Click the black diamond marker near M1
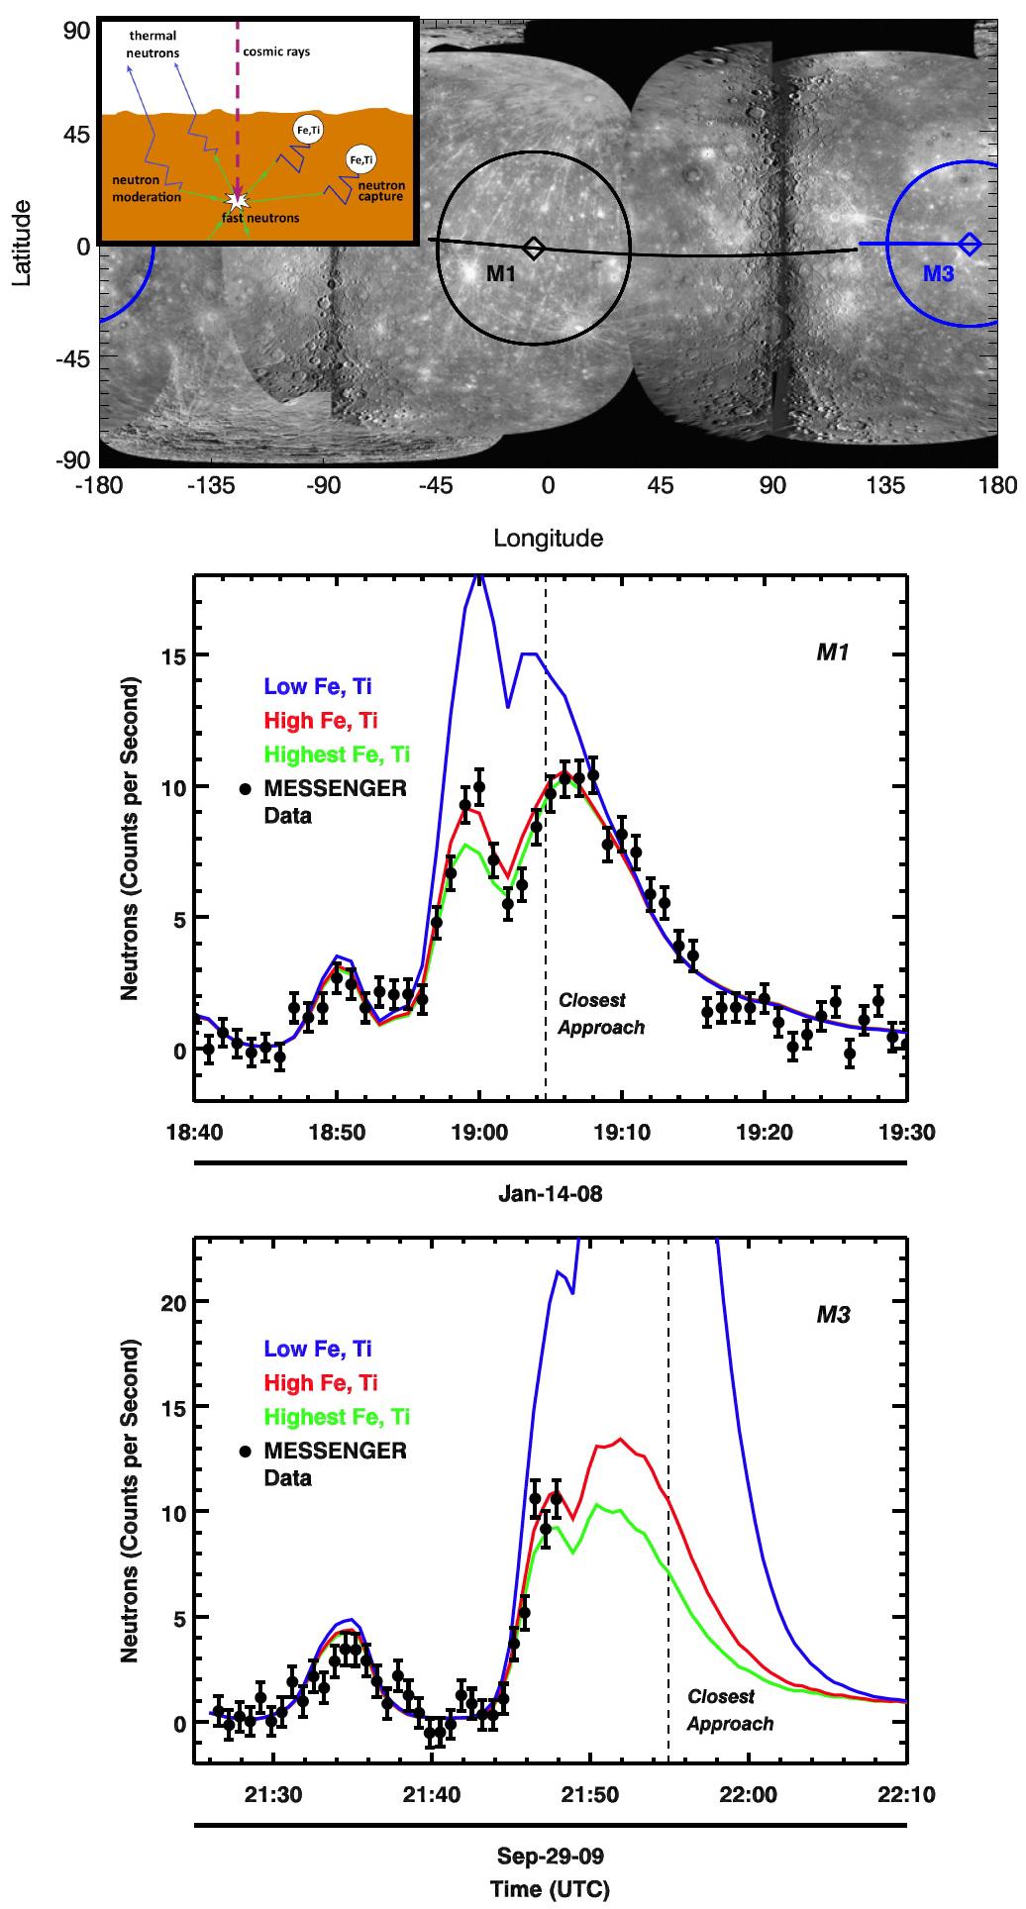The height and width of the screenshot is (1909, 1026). tap(534, 248)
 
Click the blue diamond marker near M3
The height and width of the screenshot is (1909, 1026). tap(970, 244)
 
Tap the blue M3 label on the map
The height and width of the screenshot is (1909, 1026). tap(938, 274)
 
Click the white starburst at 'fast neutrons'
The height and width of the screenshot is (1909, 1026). tap(236, 201)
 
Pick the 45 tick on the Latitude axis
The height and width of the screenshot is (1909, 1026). tap(75, 134)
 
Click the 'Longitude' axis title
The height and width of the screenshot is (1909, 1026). tap(548, 539)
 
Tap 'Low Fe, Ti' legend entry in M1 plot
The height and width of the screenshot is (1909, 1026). tap(318, 686)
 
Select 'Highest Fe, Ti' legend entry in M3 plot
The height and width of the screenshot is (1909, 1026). tap(337, 1417)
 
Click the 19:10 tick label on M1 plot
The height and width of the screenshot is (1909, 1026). tap(622, 1132)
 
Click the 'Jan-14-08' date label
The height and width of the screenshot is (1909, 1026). tap(550, 1194)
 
